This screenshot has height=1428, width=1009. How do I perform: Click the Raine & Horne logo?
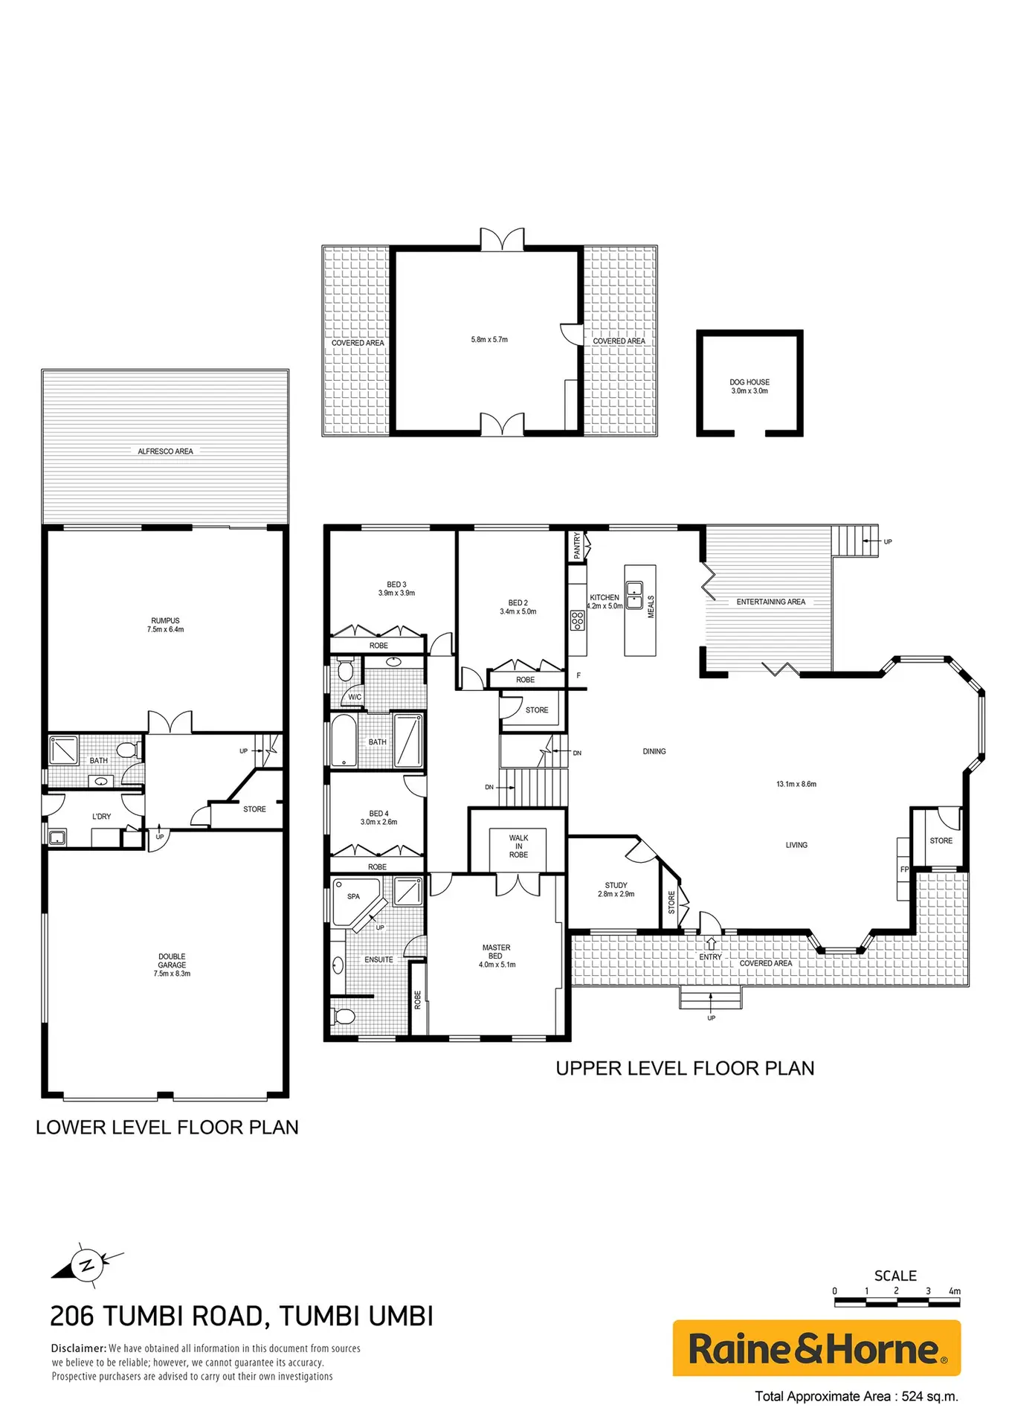tap(816, 1348)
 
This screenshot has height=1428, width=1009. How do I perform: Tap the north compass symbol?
tap(88, 1264)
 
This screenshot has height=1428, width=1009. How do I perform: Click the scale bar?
tap(897, 1302)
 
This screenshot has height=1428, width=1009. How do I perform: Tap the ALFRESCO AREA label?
tap(165, 451)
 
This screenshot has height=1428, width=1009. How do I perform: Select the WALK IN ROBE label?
tap(518, 846)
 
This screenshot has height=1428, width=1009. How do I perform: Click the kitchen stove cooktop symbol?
tap(577, 620)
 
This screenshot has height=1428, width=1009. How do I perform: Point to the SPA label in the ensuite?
tap(353, 896)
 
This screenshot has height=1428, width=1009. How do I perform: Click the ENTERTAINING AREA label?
tap(770, 602)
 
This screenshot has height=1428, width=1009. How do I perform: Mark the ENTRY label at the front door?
tap(710, 957)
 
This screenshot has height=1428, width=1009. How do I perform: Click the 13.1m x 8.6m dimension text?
tap(796, 784)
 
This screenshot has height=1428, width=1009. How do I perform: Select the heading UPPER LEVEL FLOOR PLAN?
tap(685, 1069)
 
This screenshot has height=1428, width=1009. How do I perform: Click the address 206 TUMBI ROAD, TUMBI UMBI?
tap(242, 1316)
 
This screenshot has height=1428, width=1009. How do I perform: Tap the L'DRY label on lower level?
tap(101, 817)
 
